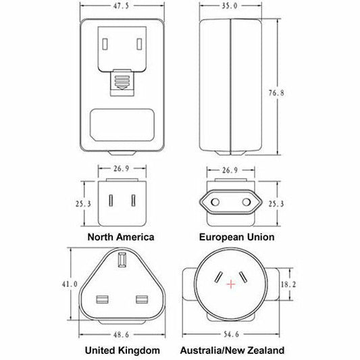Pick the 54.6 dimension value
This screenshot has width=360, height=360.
(231, 334)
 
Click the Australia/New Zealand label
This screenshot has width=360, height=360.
(232, 351)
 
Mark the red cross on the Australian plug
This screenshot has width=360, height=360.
(231, 284)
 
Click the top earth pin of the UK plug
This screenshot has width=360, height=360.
(122, 260)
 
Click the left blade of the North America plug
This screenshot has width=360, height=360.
(109, 201)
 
